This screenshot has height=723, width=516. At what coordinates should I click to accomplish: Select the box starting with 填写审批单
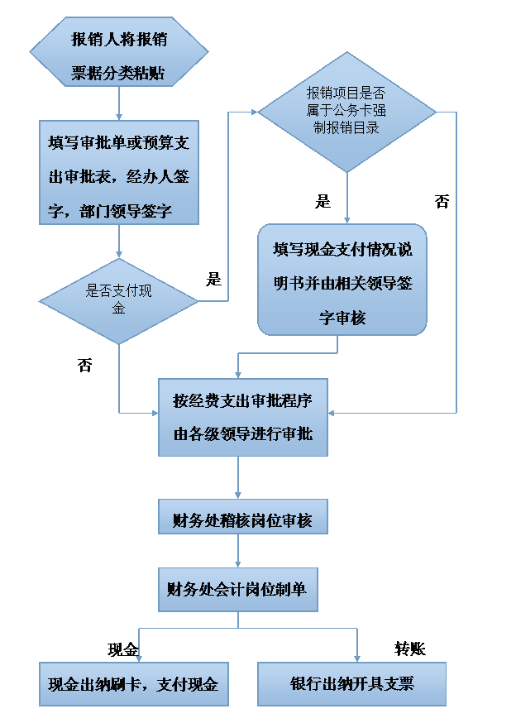click(x=119, y=172)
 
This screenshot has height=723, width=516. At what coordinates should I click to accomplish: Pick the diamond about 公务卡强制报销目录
click(x=347, y=112)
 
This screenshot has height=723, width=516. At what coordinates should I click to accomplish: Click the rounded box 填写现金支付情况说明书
click(x=342, y=280)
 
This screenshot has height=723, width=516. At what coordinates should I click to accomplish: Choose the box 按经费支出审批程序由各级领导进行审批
click(x=242, y=417)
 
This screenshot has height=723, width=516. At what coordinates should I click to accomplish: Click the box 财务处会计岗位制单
click(x=238, y=588)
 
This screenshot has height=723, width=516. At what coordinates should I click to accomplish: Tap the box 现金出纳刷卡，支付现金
click(x=133, y=683)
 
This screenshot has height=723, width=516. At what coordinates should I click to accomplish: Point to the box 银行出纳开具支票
click(x=351, y=683)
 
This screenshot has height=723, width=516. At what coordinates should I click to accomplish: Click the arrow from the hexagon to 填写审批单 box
click(x=119, y=103)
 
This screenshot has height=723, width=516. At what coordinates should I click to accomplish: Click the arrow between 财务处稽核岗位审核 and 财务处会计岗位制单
click(x=238, y=550)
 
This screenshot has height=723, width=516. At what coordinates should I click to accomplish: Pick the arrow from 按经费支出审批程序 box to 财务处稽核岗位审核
click(x=238, y=477)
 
